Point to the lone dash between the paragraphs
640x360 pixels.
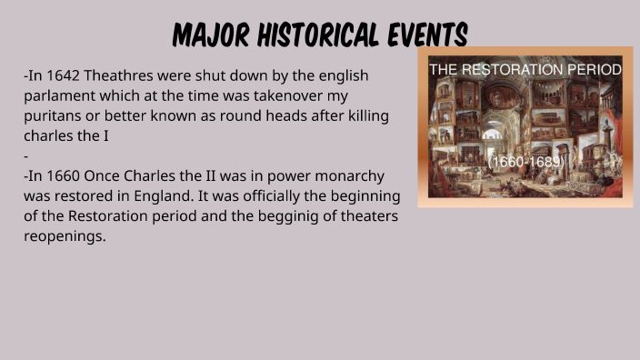pos(26,155)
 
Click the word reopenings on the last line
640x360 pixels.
pos(65,235)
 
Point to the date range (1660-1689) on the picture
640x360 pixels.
pos(526,162)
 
